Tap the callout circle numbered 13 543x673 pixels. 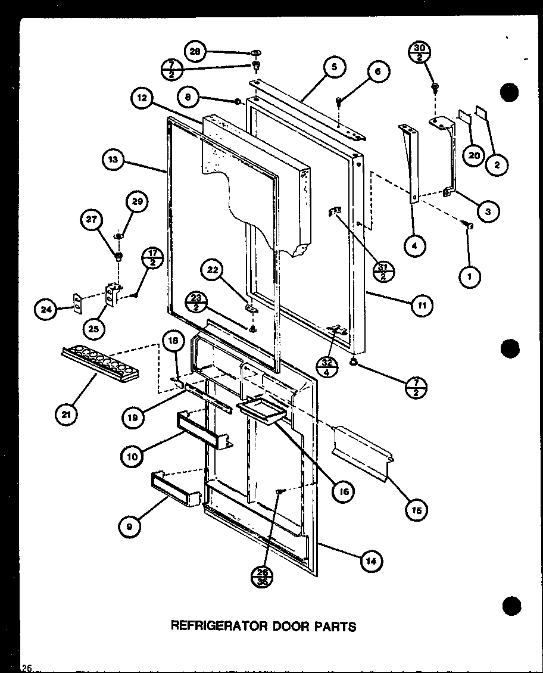(x=113, y=160)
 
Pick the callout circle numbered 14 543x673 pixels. (x=372, y=560)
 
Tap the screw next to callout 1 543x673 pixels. (x=469, y=225)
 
